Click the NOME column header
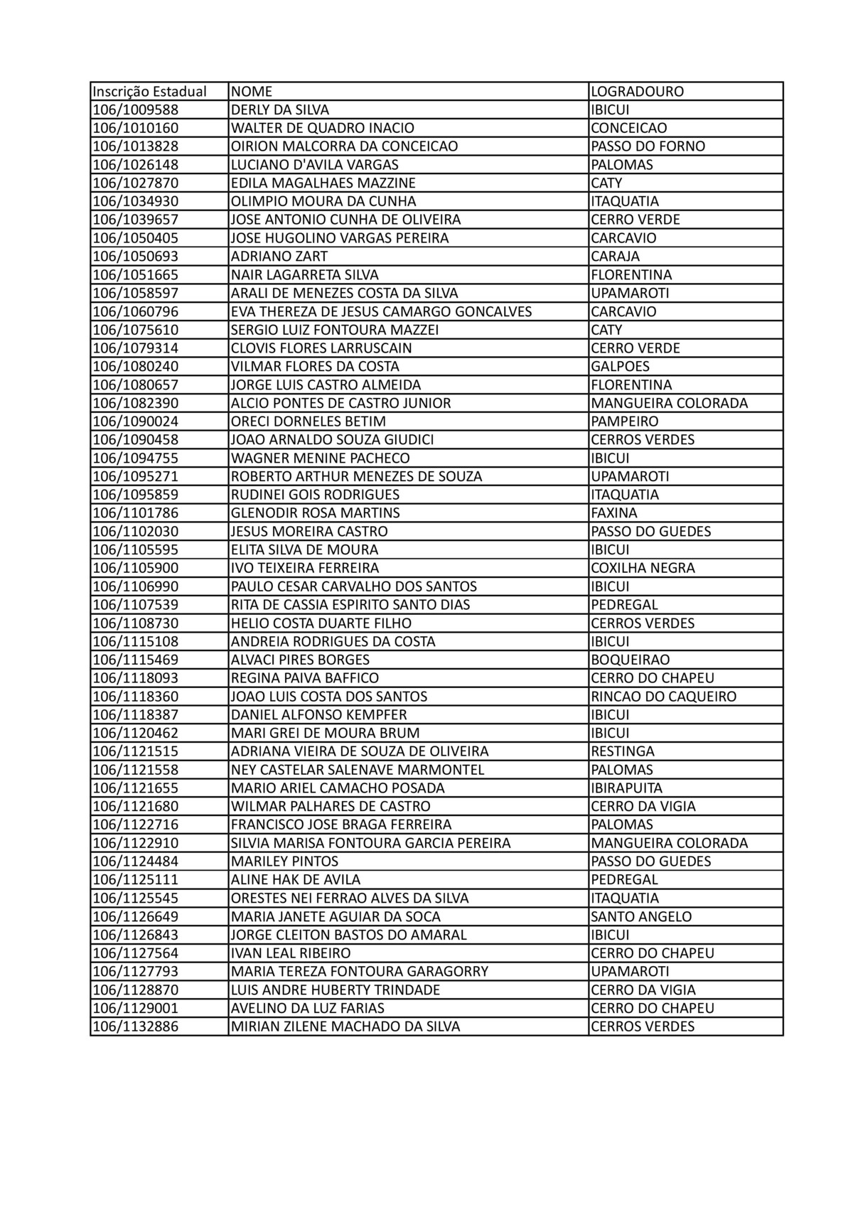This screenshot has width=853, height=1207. pos(252,92)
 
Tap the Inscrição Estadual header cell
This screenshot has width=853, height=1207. pos(149,92)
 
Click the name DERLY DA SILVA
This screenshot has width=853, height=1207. pos(280,110)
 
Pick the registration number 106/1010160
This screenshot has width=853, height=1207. pos(136,129)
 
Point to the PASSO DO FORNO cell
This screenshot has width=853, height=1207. pos(648,146)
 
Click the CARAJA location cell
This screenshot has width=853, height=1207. pos(616,257)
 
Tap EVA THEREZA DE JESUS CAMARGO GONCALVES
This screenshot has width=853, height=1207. pos(381,312)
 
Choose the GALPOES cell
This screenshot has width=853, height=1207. pos(620,367)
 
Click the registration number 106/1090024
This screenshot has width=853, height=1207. pos(136,422)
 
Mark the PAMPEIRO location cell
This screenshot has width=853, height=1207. pos(624,422)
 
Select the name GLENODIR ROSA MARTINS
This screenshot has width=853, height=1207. pos(316,513)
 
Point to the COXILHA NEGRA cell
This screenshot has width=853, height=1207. pos(643,568)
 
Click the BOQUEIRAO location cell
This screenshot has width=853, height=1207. pos(630,660)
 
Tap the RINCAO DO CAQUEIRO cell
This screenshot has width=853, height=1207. pos(663,697)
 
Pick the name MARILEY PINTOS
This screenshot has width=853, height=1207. pos(284,862)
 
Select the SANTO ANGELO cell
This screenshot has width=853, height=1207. pos(640,917)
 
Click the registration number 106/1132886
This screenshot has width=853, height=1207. pos(136,1026)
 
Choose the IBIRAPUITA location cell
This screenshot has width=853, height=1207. pos(626,788)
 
